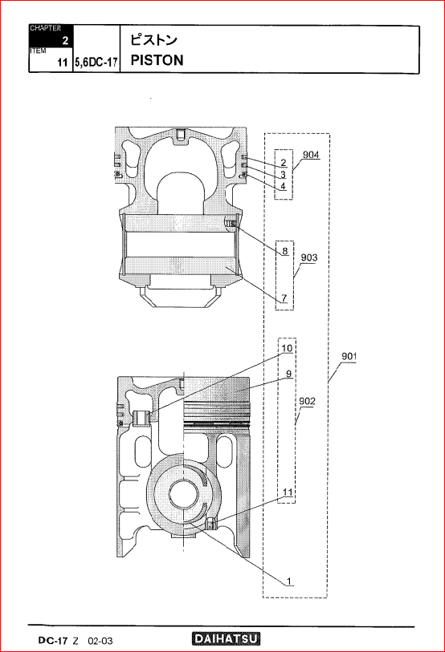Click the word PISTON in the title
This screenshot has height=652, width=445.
click(x=157, y=60)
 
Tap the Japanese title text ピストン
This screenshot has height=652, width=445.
click(x=153, y=40)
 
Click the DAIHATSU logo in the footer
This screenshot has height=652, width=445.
click(x=227, y=639)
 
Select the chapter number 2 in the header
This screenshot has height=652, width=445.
click(x=65, y=41)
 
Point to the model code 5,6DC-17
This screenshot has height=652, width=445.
click(x=96, y=63)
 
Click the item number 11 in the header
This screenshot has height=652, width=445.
click(x=63, y=63)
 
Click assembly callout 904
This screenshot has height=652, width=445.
click(x=311, y=155)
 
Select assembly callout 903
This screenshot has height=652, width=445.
click(x=309, y=257)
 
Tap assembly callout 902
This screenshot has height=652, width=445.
click(x=307, y=401)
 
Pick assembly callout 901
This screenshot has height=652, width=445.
click(x=349, y=356)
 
